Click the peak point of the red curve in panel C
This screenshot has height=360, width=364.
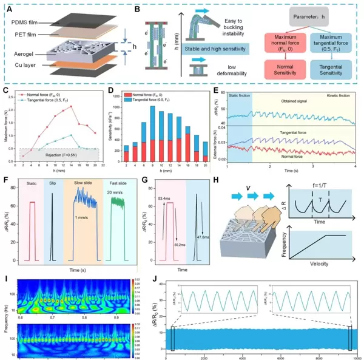pyautogui.click(x=71, y=107)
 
